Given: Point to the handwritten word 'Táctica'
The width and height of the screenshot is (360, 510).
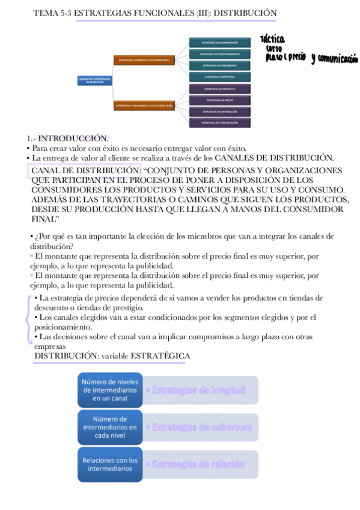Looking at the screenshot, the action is coord(273,40).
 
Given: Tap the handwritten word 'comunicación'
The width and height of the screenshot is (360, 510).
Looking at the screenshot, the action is coord(338,59).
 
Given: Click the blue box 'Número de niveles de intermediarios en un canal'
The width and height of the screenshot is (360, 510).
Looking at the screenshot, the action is coord(110,390).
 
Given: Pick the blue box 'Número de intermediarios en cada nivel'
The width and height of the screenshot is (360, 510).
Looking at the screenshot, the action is coord(110,426).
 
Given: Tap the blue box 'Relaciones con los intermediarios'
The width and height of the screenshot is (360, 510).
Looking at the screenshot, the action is coord(110,464).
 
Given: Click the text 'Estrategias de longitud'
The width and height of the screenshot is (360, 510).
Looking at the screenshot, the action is coord(199,390).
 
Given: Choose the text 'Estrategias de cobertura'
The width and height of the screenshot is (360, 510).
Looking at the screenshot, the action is coord(202,427).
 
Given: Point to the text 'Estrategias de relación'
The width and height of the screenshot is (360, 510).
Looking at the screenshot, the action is coord(198,464).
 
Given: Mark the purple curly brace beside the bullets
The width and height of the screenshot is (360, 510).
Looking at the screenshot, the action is coord(28,321).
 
